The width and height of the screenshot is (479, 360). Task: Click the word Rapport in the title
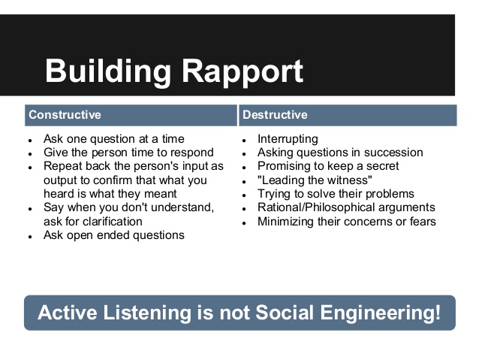point(243,72)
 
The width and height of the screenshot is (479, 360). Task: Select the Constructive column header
point(65,115)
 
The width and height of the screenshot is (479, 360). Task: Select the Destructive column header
point(275,115)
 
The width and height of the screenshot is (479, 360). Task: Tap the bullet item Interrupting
point(288,139)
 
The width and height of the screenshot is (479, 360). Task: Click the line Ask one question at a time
point(114,139)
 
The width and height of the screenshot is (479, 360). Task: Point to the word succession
point(393,153)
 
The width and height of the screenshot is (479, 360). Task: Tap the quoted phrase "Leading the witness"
point(315,180)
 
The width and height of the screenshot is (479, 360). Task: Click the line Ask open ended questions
point(114,235)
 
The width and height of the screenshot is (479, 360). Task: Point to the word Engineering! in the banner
point(381,313)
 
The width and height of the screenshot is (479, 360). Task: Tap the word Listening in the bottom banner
point(147,313)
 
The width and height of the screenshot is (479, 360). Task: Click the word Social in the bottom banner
point(285,313)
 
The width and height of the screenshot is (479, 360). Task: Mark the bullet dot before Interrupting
point(244,141)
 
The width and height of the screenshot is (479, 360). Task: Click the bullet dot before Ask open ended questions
point(30,237)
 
